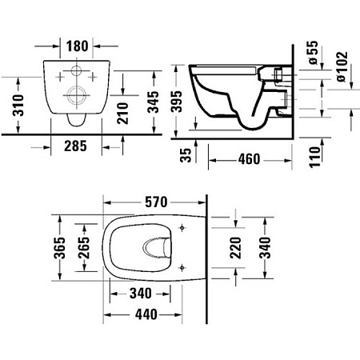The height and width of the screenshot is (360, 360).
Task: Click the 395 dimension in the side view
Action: [x=184, y=102]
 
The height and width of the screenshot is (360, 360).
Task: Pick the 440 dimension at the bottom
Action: [x=143, y=314]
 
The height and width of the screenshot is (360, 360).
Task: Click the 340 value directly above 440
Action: [x=143, y=294]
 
